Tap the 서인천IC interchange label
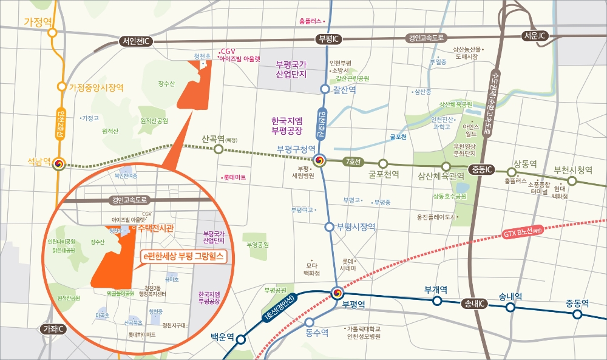coord(137,41)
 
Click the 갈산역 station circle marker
coord(325,89)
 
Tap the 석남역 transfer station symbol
coord(59,165)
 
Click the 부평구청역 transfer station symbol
coord(320,160)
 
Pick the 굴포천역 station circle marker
coord(383,163)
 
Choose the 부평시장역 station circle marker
coord(329,227)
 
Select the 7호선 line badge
coord(352,161)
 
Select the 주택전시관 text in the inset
coord(156,228)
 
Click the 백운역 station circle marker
coord(240,340)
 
